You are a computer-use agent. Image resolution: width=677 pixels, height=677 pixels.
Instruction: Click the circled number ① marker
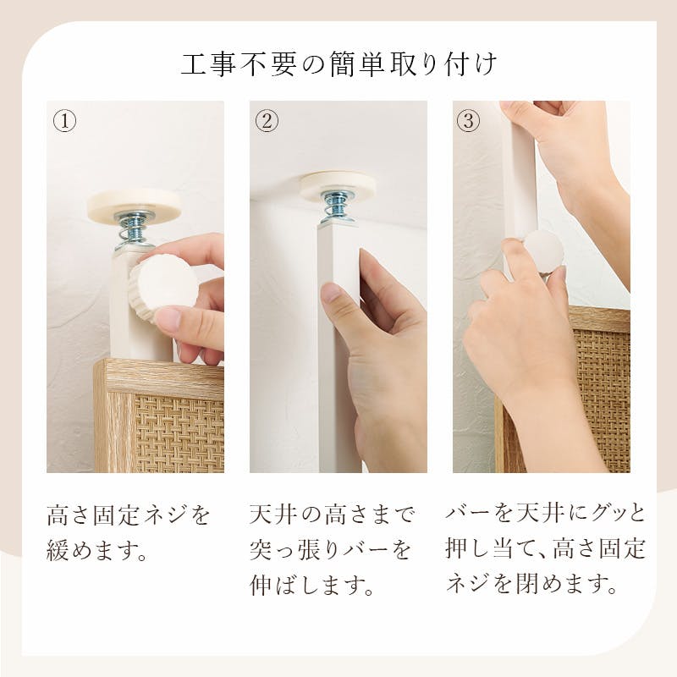[x=64, y=121]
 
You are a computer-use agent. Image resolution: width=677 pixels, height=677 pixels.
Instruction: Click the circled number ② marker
[x=267, y=121]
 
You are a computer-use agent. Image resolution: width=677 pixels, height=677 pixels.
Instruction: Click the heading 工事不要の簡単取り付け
[x=338, y=65]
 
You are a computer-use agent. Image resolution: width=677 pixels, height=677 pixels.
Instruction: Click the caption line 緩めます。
[x=96, y=553]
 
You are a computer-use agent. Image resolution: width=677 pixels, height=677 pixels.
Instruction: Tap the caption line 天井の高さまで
[x=333, y=515]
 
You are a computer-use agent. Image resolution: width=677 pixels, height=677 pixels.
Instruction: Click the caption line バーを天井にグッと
[x=546, y=514]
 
